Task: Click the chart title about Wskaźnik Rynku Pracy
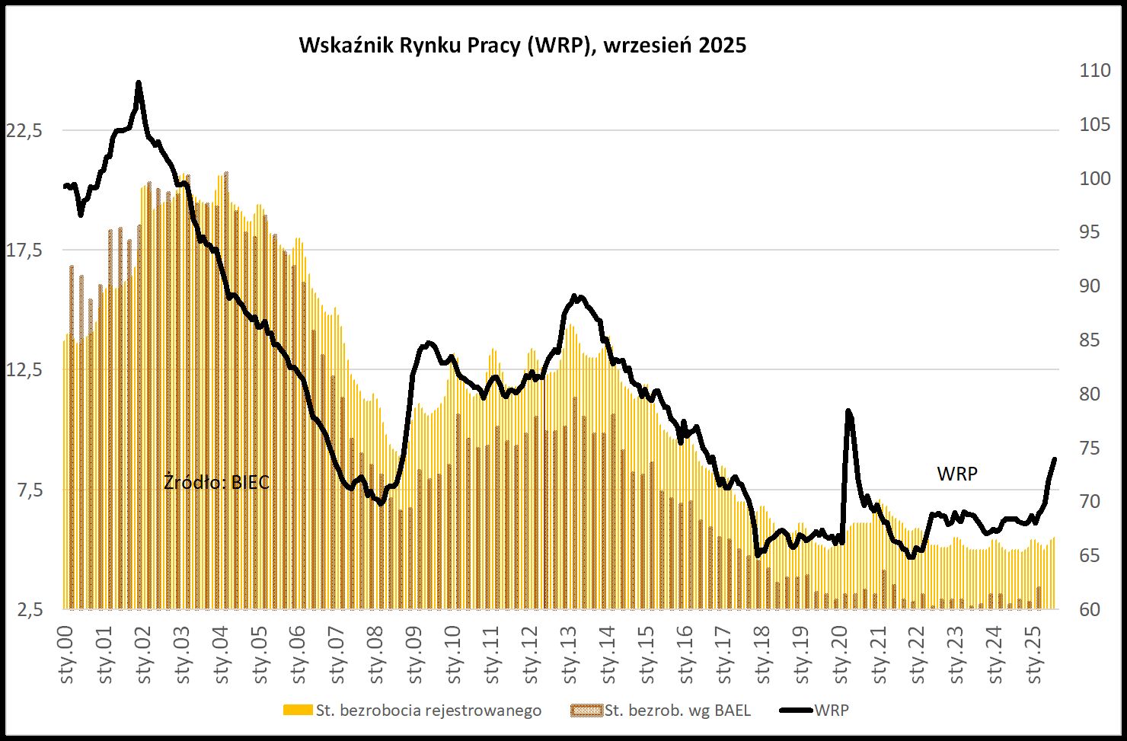522,46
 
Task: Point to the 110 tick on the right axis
1095,71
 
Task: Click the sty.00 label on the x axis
66,654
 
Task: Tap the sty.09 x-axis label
415,654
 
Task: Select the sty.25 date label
1035,654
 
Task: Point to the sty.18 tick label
764,654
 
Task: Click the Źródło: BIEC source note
217,482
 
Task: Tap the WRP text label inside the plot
957,474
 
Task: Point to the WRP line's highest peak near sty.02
138,83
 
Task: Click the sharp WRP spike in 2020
848,412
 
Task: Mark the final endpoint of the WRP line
1055,459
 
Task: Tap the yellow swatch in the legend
298,711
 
